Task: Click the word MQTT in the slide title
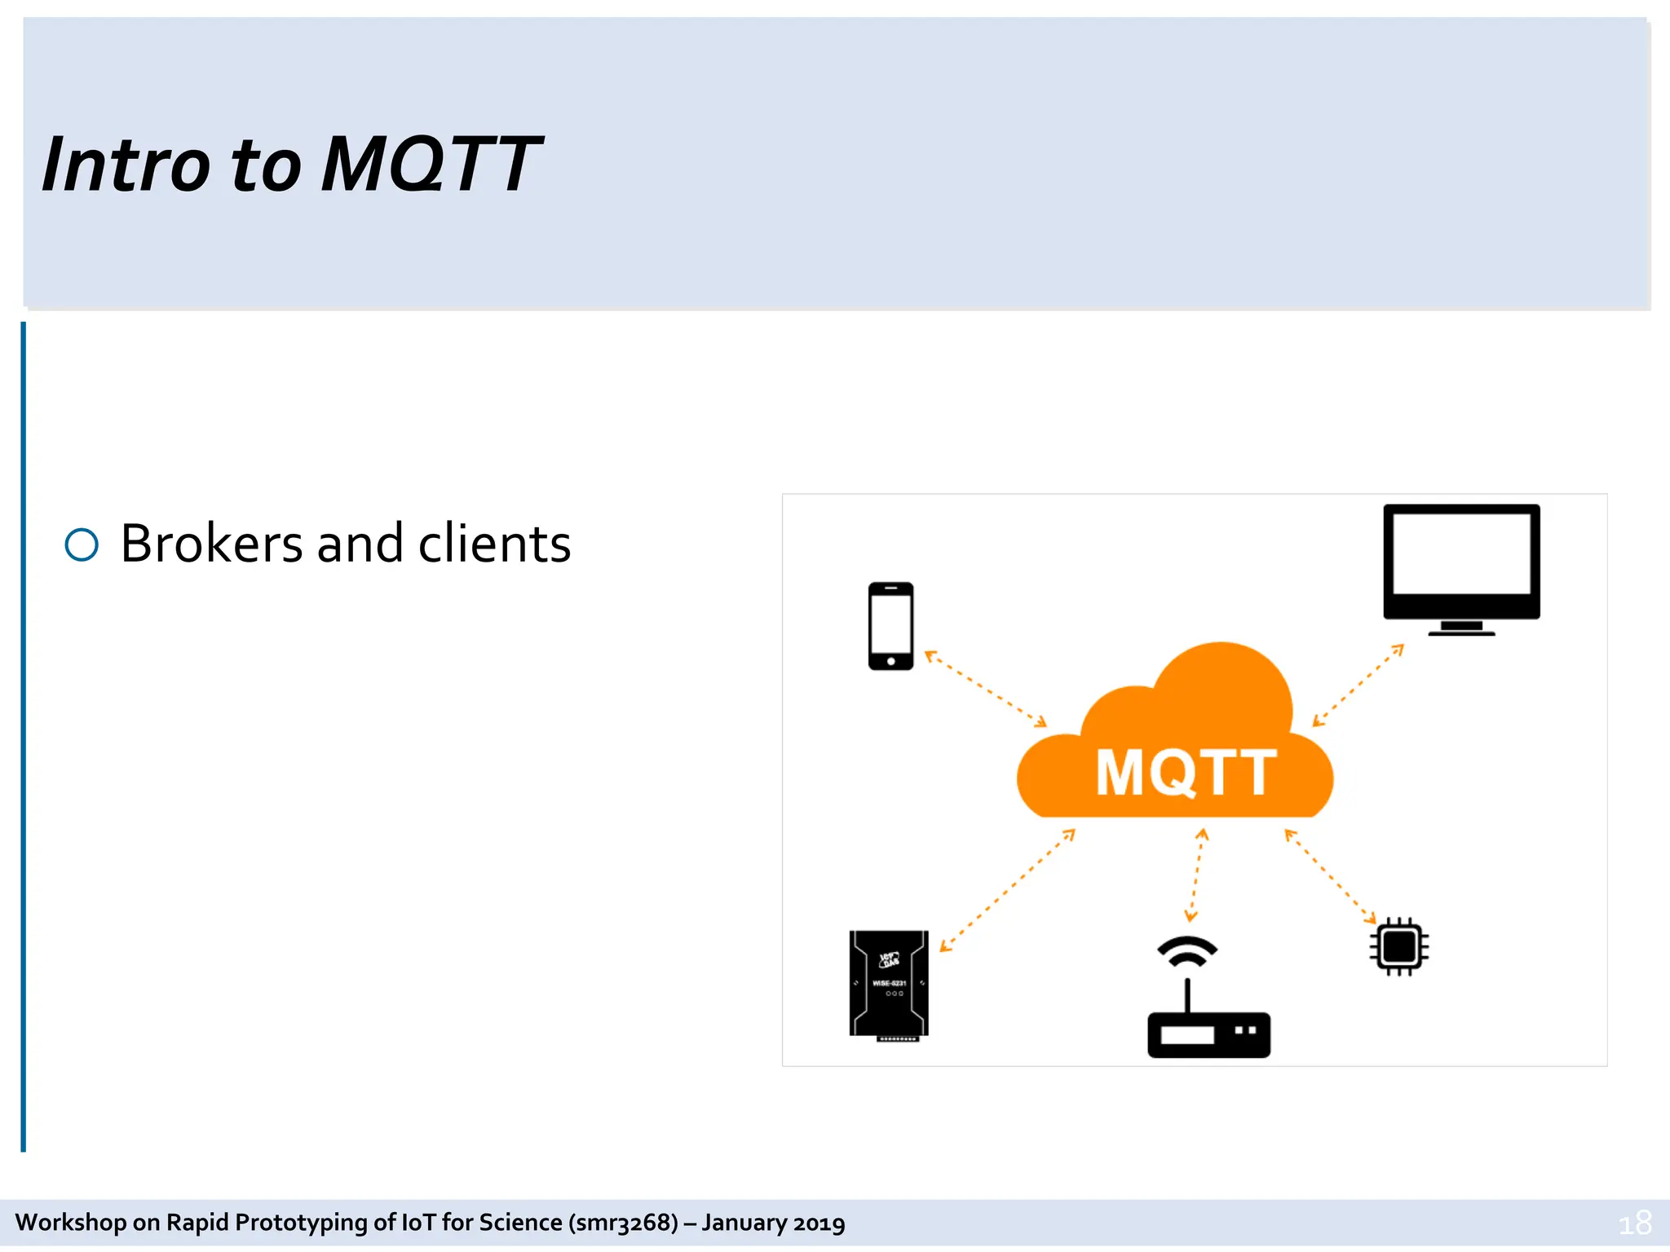[431, 165]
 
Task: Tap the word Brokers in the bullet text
[211, 544]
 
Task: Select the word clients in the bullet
[494, 544]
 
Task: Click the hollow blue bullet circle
[82, 544]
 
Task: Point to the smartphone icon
[890, 626]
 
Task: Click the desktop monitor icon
[1461, 569]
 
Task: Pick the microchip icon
[1399, 946]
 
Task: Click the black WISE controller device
[889, 985]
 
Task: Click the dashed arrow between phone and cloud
[985, 688]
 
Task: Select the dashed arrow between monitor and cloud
[1358, 686]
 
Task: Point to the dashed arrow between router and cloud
[1196, 875]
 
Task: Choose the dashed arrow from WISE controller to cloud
[1007, 890]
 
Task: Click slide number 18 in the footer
[1634, 1223]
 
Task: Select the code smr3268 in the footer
[624, 1223]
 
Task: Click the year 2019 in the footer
[819, 1223]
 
